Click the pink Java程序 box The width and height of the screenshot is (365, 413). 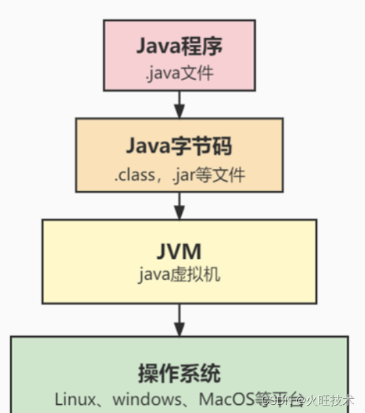[179, 55]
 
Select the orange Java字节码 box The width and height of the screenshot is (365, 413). [179, 155]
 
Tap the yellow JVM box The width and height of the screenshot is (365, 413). [179, 261]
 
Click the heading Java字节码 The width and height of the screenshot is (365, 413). [179, 145]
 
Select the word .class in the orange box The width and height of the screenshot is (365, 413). [132, 174]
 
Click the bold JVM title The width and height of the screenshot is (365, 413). [179, 251]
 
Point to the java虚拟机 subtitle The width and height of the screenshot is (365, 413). [179, 276]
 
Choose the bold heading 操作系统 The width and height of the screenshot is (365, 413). [179, 373]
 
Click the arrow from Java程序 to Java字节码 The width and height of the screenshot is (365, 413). [179, 104]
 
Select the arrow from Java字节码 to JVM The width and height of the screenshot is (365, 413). [179, 205]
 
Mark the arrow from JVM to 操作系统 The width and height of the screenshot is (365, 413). [179, 319]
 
